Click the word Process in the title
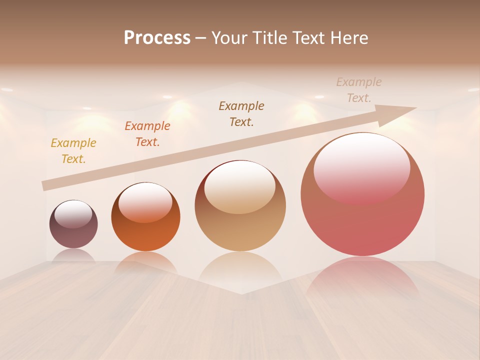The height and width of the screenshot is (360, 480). [157, 38]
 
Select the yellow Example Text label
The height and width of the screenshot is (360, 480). [73, 151]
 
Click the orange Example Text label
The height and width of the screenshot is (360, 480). [147, 134]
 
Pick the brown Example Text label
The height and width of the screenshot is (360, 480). [241, 114]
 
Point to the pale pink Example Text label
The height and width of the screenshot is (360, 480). [359, 90]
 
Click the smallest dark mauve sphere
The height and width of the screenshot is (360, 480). [73, 232]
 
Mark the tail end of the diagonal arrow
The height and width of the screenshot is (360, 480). [45, 185]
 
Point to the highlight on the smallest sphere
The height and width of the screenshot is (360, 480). [73, 214]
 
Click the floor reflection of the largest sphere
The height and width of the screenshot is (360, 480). [362, 277]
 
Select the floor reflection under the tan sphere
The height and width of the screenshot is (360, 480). [240, 270]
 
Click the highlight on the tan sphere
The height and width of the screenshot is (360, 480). [240, 187]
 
